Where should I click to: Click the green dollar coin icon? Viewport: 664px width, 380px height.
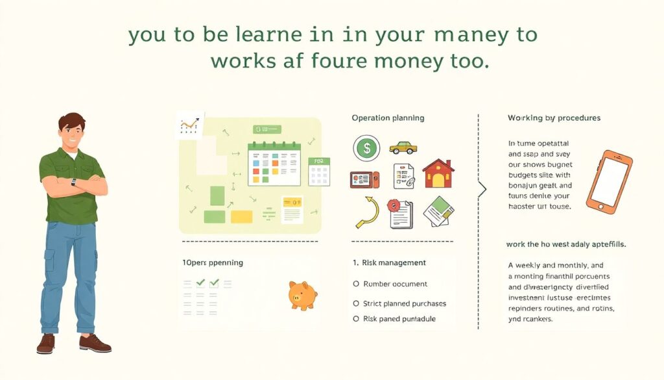366,148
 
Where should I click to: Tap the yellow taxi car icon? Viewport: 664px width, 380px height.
403,147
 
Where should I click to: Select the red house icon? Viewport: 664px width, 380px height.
438,173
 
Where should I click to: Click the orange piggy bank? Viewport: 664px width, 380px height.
302,295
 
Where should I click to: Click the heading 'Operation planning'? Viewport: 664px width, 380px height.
388,118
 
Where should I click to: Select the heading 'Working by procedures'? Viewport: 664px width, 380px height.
554,118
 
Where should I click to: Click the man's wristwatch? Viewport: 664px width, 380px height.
73,183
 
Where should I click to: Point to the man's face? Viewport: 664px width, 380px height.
71,135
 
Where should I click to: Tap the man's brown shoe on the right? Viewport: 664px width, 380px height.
95,343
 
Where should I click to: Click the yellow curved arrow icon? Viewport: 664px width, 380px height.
368,212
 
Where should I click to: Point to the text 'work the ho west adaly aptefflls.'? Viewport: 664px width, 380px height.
570,244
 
